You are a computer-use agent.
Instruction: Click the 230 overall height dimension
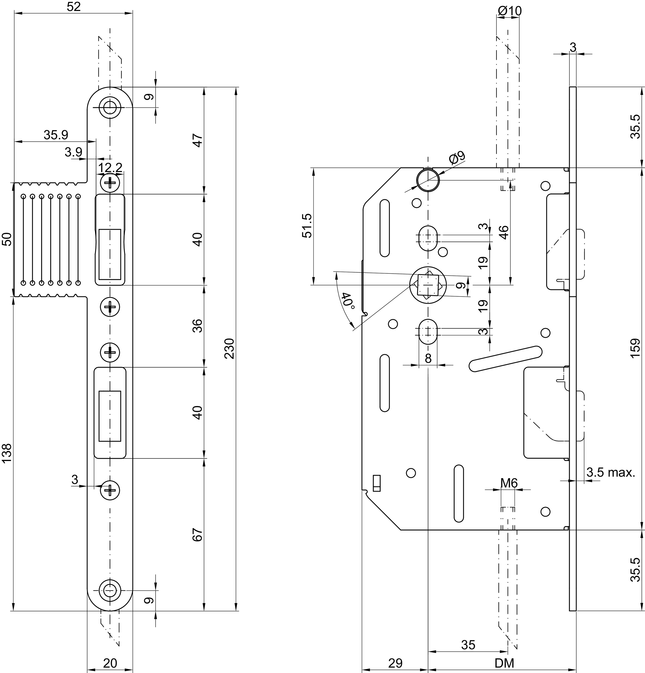point(229,349)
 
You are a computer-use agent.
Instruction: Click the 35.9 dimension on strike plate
point(56,135)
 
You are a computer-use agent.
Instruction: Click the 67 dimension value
point(198,535)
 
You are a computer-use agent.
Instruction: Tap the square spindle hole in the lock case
point(428,285)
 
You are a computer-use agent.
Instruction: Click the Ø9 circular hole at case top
point(428,180)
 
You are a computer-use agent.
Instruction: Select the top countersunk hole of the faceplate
point(110,107)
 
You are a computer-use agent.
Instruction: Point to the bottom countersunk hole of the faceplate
point(110,590)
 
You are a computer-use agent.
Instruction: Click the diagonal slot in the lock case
point(506,358)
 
